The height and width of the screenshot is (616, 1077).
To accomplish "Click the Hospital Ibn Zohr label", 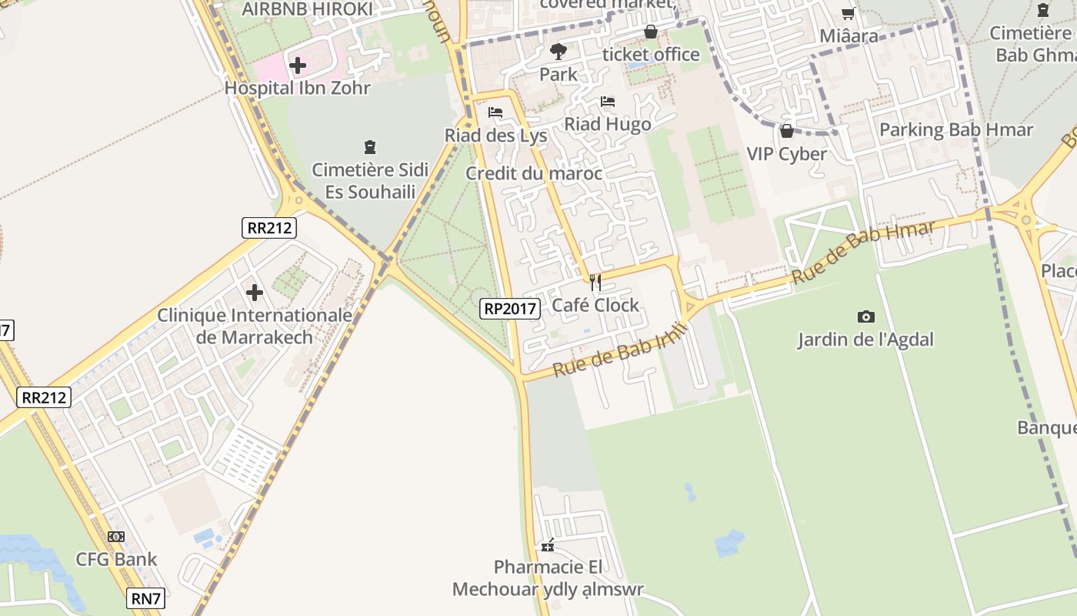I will (x=297, y=88).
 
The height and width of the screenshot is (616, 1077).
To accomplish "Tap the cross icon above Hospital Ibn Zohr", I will (x=298, y=65).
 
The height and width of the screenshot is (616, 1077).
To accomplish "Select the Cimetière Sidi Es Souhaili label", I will (x=370, y=181).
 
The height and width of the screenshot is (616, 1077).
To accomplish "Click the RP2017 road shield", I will (x=510, y=308).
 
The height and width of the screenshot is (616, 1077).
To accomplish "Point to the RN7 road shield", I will (x=145, y=598).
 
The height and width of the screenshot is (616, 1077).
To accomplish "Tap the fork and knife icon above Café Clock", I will (x=595, y=283).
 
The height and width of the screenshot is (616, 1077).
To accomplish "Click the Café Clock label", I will (x=595, y=306).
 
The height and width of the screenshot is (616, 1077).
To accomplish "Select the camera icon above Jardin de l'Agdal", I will (x=865, y=316).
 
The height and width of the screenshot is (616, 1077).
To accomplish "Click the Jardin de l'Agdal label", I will (x=865, y=340).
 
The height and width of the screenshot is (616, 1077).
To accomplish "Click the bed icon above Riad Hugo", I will (x=608, y=102).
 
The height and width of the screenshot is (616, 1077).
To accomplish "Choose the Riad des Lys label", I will (x=495, y=136).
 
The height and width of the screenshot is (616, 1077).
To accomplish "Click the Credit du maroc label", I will (x=534, y=173).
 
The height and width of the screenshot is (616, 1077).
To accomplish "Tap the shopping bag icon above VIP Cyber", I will (x=786, y=131).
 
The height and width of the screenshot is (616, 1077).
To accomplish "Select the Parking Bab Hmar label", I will (x=956, y=129).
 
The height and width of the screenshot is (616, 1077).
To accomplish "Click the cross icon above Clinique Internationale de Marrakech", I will (x=255, y=293).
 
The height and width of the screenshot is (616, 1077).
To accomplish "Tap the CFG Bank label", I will (x=116, y=560).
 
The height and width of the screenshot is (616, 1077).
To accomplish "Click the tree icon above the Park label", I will (x=558, y=52).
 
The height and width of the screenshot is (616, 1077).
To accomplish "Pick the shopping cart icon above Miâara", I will (x=848, y=13).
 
